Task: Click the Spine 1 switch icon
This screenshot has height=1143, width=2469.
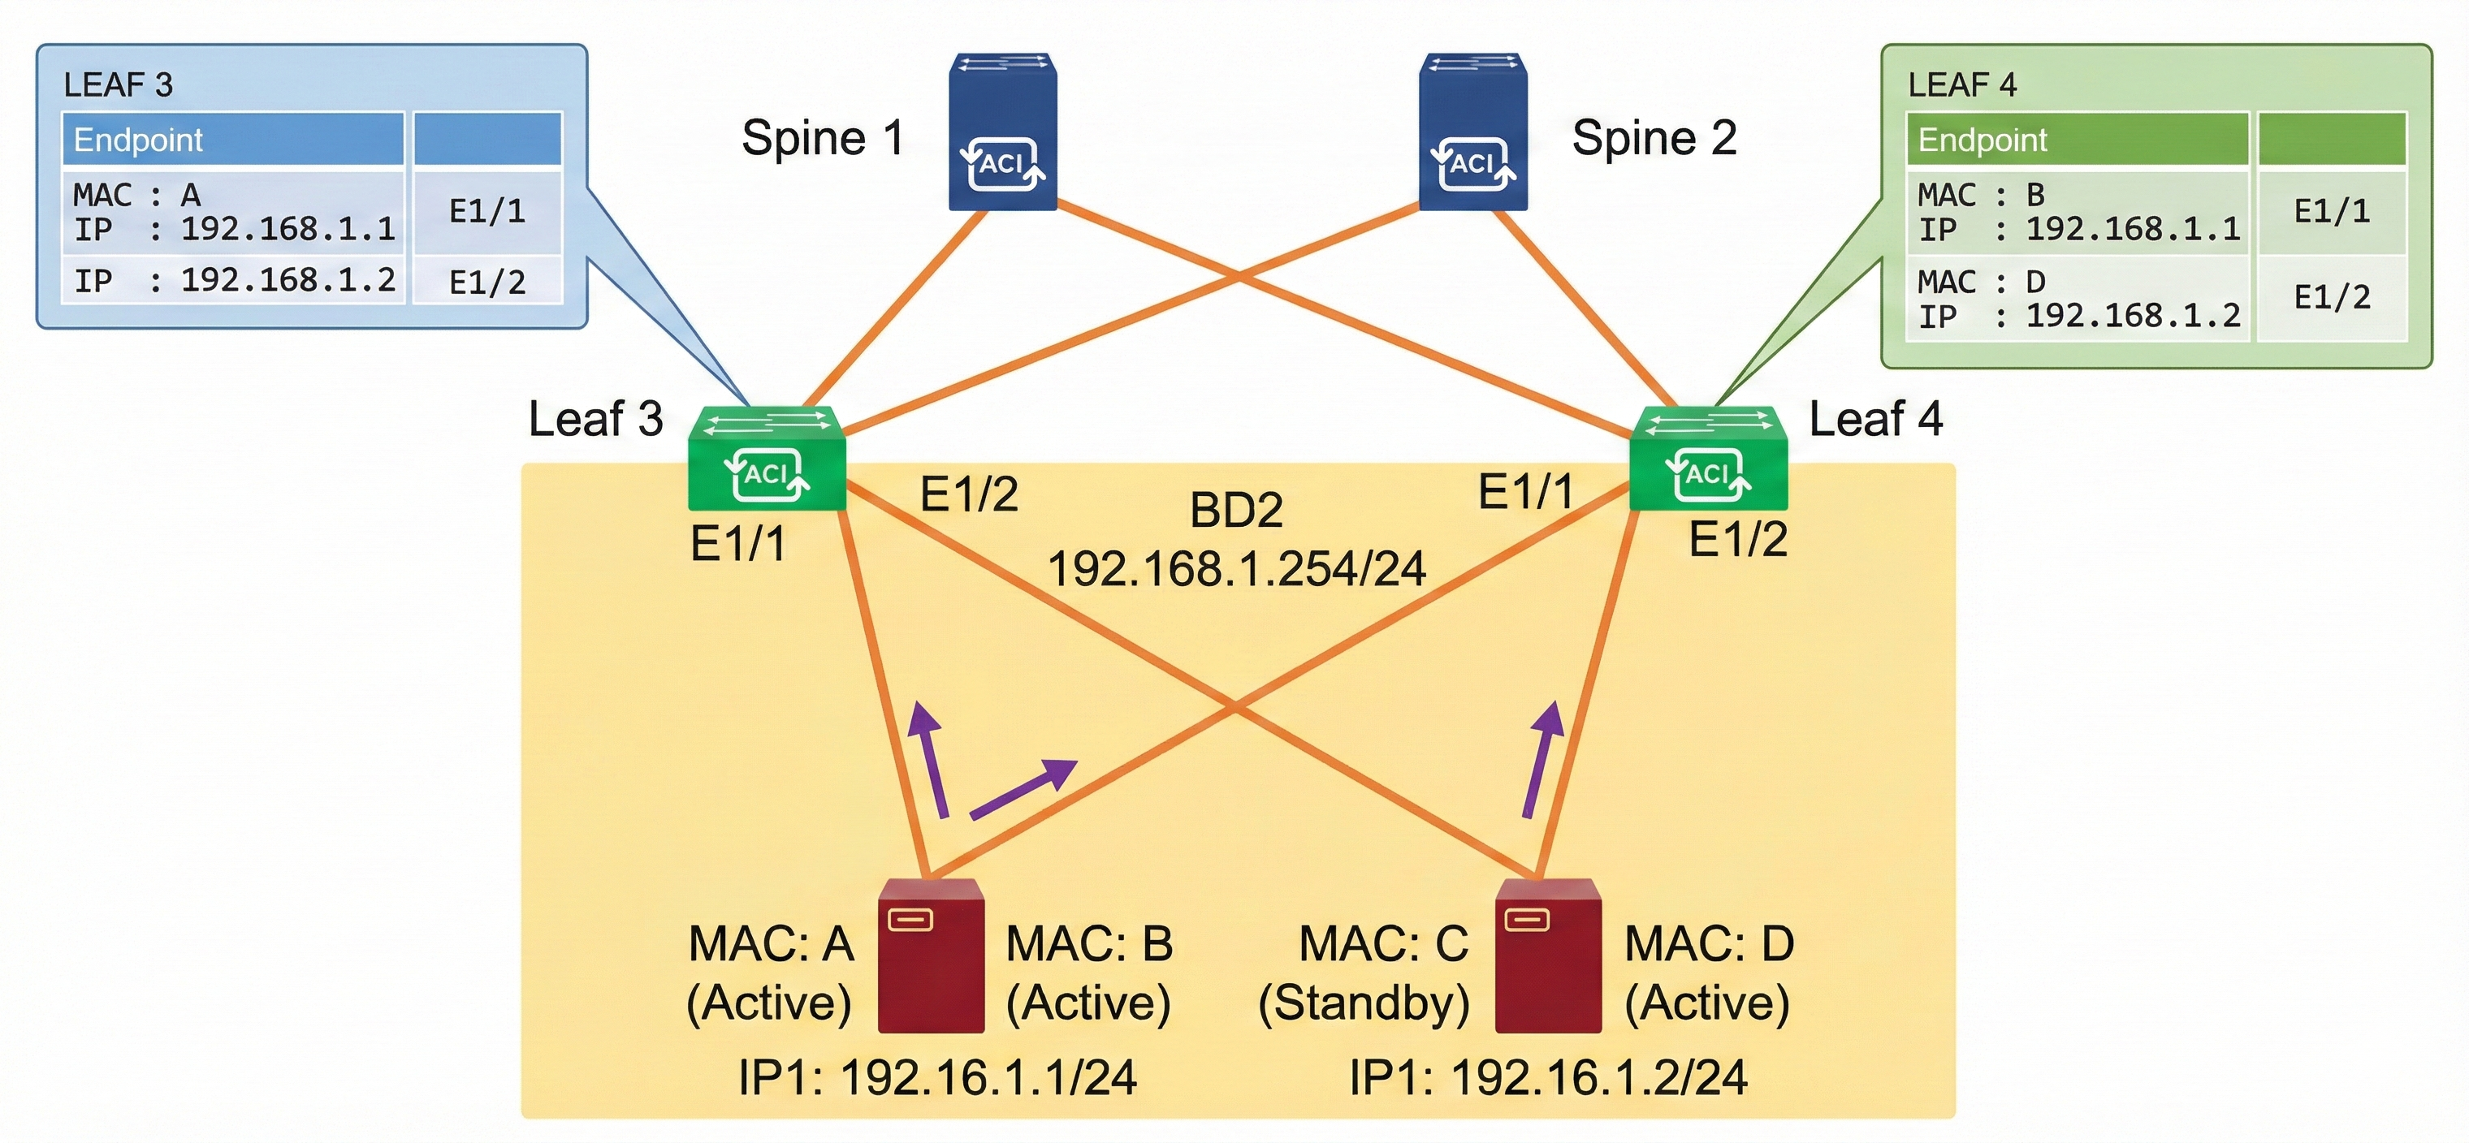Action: coord(1001,132)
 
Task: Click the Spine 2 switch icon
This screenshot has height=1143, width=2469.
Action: coord(1473,132)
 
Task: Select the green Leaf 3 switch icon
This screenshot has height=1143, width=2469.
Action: coord(767,459)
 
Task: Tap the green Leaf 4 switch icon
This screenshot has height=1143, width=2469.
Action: coord(1708,459)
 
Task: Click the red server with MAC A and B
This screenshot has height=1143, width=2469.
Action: coord(931,956)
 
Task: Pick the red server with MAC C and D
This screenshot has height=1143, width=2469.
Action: coord(1548,956)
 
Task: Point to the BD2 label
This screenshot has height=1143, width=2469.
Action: coord(1235,511)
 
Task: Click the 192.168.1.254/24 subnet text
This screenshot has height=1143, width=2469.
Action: coord(1236,569)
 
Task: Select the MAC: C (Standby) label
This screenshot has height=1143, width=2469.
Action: coord(1364,973)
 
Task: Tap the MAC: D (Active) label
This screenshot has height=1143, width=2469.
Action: coord(1708,973)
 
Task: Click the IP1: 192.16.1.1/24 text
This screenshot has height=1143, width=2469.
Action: coord(937,1078)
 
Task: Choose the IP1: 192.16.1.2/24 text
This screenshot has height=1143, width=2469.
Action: coord(1548,1078)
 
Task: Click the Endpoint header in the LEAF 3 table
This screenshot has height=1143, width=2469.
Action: coord(138,140)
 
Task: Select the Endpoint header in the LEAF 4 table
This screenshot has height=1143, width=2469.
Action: coord(1982,140)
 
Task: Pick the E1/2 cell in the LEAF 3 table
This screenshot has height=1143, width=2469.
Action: coord(487,282)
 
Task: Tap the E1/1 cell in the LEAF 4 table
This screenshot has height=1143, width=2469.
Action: coord(2332,211)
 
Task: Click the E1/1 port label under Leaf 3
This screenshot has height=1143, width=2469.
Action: coord(738,544)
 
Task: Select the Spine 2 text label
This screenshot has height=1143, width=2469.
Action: coord(1654,138)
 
